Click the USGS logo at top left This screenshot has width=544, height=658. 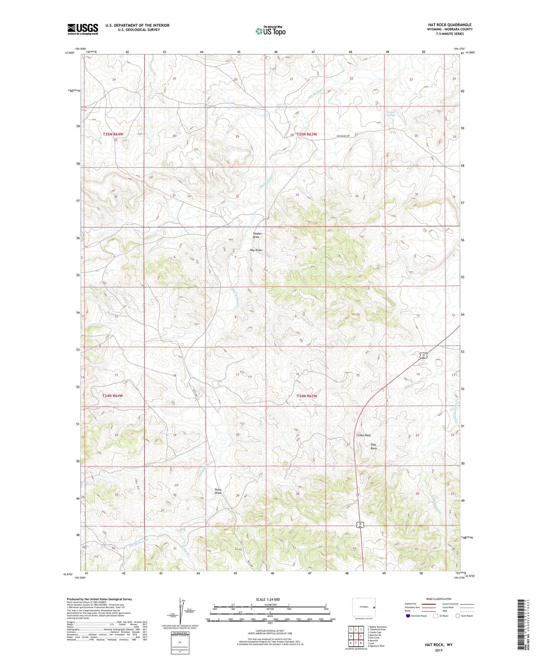(82, 29)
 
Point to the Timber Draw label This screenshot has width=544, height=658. (257, 235)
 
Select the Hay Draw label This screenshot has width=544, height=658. (256, 250)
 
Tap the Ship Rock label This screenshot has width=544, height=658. (373, 446)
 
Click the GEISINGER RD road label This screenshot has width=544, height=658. (343, 136)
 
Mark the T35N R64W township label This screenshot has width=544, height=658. (113, 134)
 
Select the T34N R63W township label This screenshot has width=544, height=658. (306, 396)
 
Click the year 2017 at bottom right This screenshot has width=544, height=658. (439, 650)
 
